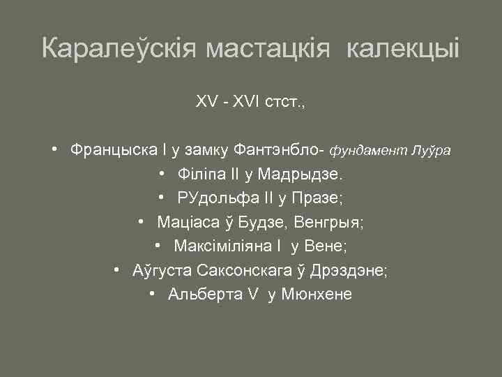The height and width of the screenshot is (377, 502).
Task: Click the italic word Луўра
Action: (x=432, y=150)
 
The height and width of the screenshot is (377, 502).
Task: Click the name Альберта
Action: (x=202, y=295)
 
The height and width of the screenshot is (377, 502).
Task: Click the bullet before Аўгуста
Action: (x=118, y=270)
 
